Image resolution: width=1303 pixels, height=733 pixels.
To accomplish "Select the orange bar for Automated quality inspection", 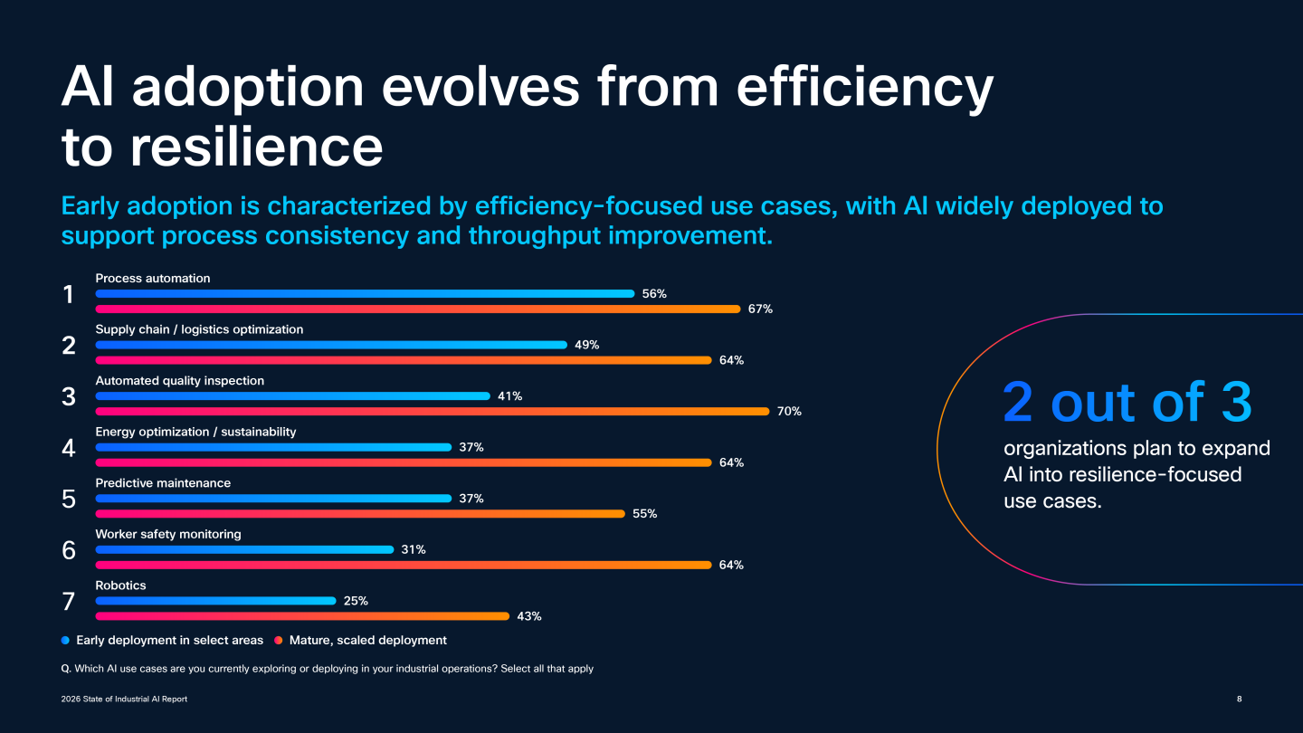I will tap(433, 411).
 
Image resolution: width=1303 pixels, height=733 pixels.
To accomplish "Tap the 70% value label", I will tap(789, 411).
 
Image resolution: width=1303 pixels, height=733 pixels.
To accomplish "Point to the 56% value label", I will tap(654, 293).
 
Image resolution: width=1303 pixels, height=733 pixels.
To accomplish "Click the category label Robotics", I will tap(120, 585).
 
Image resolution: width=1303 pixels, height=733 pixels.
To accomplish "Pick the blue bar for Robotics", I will tap(215, 601).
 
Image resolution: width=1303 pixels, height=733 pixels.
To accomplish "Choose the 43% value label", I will tap(529, 616).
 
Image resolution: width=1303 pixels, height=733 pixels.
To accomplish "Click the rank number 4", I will tap(69, 447).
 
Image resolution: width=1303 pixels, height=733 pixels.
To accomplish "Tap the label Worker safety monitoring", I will tap(168, 534).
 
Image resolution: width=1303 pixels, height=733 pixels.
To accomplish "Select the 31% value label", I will tap(414, 549).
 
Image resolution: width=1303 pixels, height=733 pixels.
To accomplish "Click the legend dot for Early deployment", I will tap(65, 641).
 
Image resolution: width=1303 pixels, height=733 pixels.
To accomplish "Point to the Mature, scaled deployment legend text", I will tap(368, 641).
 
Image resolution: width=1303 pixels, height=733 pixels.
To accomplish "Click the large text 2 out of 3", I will tap(1127, 403).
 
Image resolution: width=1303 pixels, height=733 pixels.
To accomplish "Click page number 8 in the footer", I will tap(1239, 699).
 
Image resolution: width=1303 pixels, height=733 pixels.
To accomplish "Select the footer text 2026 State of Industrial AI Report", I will tap(124, 699).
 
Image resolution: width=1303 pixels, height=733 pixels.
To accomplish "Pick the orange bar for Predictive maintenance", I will tap(360, 514).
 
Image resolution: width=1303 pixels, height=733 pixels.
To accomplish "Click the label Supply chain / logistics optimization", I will tap(199, 329).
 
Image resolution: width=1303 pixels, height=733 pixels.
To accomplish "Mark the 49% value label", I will tap(586, 345).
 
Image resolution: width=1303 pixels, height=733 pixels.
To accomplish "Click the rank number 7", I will tap(69, 601).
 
